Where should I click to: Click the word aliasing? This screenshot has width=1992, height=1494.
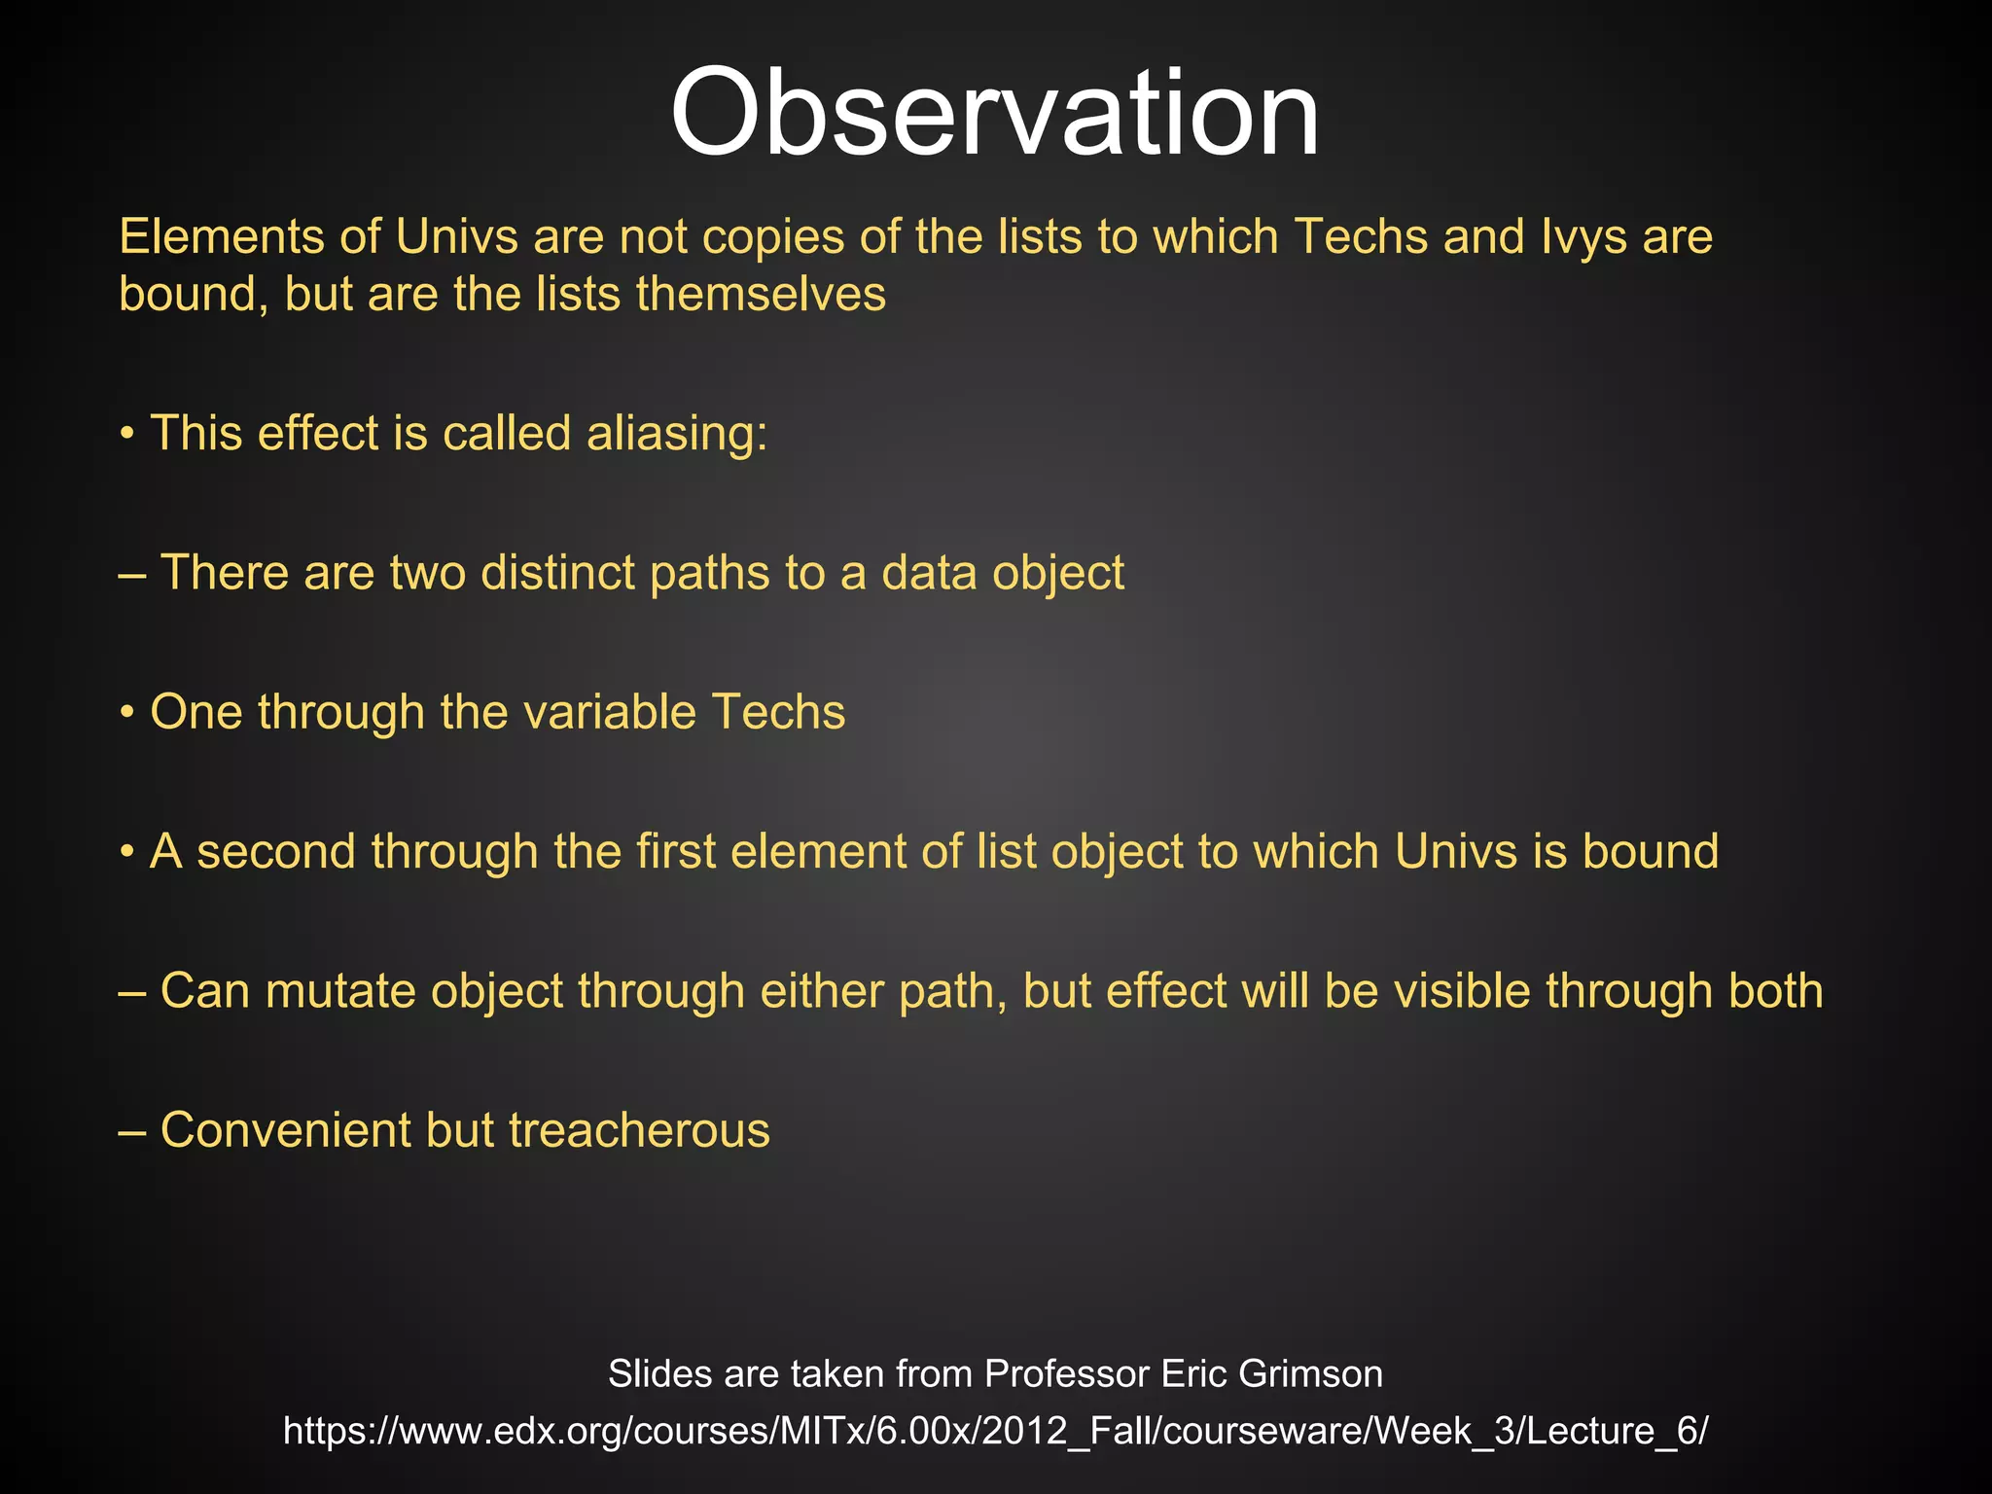676,434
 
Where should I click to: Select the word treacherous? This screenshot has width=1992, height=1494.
639,1130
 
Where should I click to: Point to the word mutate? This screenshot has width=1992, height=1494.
340,991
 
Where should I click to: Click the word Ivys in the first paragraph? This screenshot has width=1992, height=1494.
1583,237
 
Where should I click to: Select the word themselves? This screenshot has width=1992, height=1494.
761,294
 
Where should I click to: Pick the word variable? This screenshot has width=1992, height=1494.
609,712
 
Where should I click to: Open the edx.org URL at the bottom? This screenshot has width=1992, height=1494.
995,1431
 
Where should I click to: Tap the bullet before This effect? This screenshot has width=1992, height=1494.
126,435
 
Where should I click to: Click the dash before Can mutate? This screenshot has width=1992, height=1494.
132,992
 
